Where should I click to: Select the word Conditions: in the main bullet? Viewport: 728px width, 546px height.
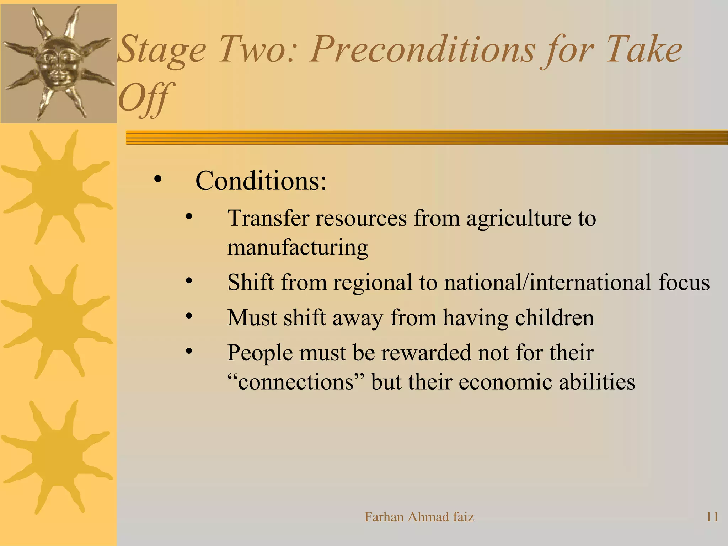[261, 181]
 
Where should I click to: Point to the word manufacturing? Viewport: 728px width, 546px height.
[298, 248]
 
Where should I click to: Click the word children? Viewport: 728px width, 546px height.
[554, 317]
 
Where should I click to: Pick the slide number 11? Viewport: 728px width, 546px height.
[712, 517]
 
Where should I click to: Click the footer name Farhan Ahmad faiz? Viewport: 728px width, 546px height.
[419, 517]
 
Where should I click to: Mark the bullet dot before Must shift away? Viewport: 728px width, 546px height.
[189, 316]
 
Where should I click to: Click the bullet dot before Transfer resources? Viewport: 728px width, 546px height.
[189, 216]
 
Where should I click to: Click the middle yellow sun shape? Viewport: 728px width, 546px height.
[57, 321]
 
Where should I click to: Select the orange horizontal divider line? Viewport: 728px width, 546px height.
[427, 138]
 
